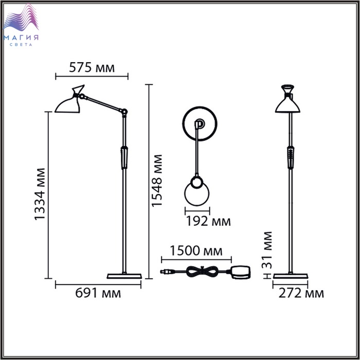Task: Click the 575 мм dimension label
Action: (x=92, y=67)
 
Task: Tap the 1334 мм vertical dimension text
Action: (x=40, y=194)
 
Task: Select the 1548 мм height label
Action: (x=157, y=181)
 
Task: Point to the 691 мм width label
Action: (x=98, y=293)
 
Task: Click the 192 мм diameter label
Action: (x=208, y=221)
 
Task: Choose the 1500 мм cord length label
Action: (x=196, y=250)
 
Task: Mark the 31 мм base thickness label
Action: (x=267, y=250)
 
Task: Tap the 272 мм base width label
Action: (x=301, y=293)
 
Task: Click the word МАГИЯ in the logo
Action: (x=21, y=38)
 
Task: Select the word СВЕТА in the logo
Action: (x=21, y=45)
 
